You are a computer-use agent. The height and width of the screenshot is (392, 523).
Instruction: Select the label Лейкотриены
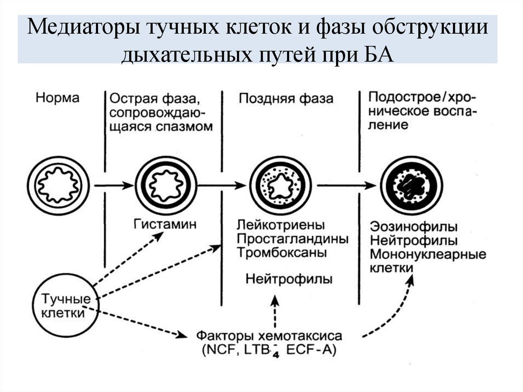281,225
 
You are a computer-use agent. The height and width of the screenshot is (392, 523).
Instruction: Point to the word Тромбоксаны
281,252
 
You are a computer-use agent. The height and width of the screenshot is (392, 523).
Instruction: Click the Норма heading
58,98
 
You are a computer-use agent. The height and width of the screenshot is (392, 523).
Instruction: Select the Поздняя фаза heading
286,99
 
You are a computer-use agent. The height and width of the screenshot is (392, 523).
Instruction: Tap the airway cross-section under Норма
58,185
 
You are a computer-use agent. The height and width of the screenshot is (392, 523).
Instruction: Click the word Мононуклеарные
427,254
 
